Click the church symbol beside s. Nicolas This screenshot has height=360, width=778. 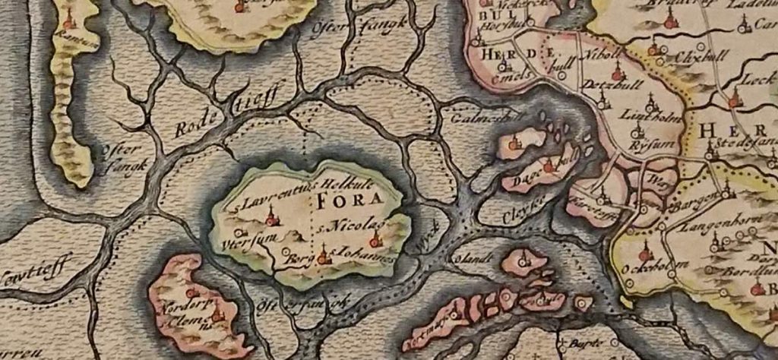coord(375,241)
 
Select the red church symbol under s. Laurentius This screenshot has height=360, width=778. coord(270,219)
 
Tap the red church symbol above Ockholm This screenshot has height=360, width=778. coord(645,251)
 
